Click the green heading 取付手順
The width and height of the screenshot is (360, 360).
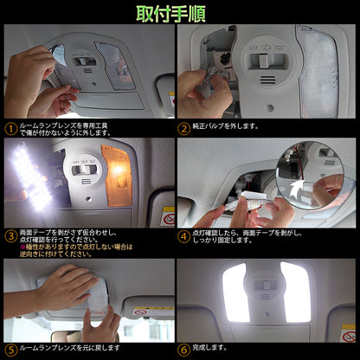(x=179, y=13)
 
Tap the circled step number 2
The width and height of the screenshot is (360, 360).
(x=183, y=127)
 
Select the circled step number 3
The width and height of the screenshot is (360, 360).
(x=10, y=235)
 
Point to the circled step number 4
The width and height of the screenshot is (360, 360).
(x=183, y=235)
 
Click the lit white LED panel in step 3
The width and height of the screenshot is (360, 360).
(x=29, y=178)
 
